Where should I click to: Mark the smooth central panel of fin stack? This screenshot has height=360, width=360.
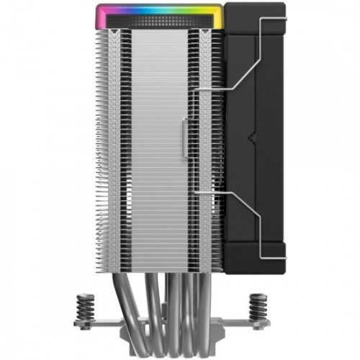158,144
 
